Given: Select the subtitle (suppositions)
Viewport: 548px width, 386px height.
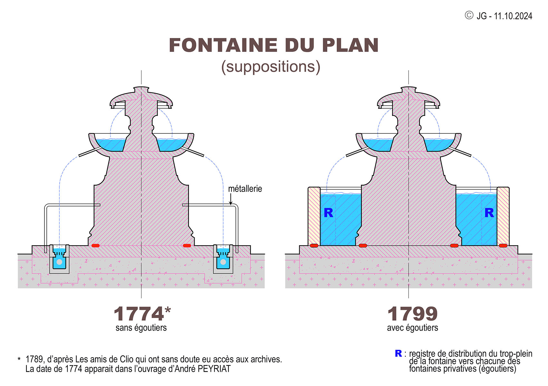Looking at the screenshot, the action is tap(271, 67).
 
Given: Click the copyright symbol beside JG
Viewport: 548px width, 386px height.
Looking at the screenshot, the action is tap(469, 15).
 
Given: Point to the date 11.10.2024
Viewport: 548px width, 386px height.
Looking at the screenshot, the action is tap(513, 16).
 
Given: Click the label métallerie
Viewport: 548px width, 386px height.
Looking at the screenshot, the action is tap(245, 188).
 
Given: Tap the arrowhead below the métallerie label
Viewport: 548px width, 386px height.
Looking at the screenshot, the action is tap(230, 203).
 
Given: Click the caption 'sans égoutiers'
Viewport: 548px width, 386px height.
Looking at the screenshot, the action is tap(141, 328).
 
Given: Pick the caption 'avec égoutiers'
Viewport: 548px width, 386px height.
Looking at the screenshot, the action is tap(412, 328).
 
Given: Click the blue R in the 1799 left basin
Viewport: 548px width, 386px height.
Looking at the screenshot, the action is tap(328, 213).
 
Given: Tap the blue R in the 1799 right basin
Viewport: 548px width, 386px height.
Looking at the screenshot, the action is tap(489, 213).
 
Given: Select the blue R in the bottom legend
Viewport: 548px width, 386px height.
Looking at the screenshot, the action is tap(398, 353).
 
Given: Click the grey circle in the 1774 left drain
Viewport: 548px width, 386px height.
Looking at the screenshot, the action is tap(59, 262).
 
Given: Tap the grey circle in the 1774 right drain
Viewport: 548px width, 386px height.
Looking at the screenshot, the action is tap(223, 262).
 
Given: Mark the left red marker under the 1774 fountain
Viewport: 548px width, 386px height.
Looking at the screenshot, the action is tap(95, 246).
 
